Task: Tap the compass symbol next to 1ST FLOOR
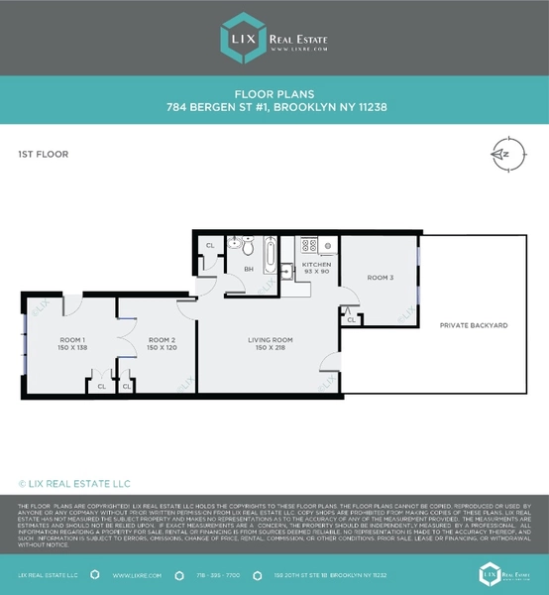pos(504,154)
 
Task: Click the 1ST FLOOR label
pos(43,155)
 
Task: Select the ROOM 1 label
pos(72,340)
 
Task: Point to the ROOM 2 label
pos(162,340)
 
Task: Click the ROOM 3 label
pos(380,278)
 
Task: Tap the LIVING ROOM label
pos(271,340)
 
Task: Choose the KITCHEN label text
pos(316,265)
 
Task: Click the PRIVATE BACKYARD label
pos(474,325)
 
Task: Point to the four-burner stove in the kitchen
pos(307,245)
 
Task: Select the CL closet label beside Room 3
pos(352,319)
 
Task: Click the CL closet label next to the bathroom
pos(209,245)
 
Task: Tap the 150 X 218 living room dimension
pos(271,349)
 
